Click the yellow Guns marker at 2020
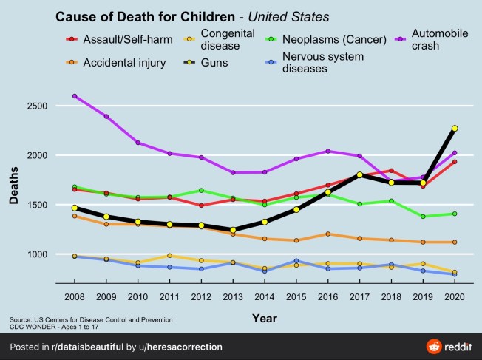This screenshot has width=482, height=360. [455, 129]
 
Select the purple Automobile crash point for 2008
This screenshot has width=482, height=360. [75, 96]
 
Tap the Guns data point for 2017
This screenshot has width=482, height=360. [359, 174]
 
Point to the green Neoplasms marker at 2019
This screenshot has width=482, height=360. [423, 217]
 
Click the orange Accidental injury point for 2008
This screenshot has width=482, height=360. [75, 216]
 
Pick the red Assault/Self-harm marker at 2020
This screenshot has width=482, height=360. [455, 162]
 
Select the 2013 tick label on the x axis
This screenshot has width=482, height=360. [233, 296]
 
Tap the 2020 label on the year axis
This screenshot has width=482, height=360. [455, 296]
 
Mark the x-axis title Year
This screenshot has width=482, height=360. [264, 318]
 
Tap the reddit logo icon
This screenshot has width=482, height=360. [434, 346]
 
